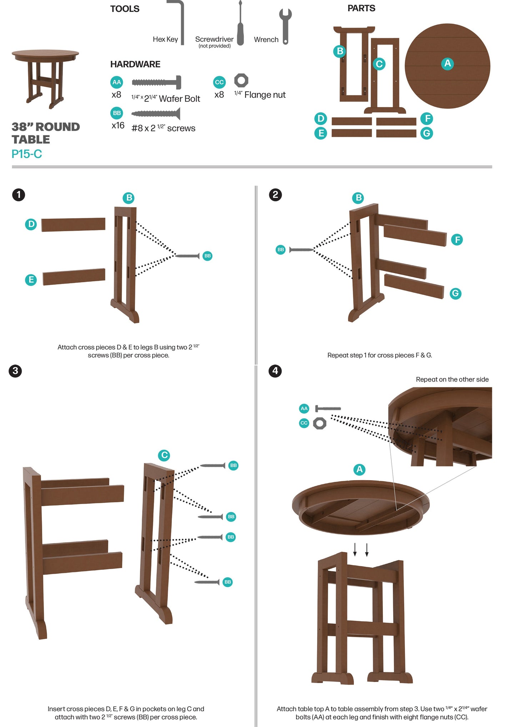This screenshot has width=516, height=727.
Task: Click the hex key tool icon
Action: [181, 21]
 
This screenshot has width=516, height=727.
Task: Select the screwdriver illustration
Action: [240, 23]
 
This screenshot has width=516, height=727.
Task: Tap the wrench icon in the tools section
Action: [285, 26]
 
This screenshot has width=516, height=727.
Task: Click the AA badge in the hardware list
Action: [117, 82]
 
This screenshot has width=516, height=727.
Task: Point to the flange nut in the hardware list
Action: [241, 80]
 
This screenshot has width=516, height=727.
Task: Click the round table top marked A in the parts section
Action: [447, 66]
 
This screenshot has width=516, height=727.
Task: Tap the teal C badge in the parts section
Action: [379, 64]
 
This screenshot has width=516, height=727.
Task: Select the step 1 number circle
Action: [19, 195]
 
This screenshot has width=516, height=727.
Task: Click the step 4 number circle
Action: [275, 371]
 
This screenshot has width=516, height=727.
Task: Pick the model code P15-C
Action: [27, 154]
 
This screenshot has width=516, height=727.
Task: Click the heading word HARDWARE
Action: [135, 64]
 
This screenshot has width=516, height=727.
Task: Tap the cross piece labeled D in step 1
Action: [73, 225]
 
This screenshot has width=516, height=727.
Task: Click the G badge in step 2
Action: [455, 294]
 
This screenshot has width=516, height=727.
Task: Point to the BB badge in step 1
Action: [207, 256]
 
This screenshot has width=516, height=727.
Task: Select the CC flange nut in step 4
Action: [320, 423]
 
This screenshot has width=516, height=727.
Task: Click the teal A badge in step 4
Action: [360, 469]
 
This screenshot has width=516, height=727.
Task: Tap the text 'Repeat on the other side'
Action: [452, 379]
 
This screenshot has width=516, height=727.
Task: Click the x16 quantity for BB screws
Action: [118, 125]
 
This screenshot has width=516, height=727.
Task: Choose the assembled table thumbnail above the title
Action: [45, 79]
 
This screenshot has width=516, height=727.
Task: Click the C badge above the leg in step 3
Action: [164, 455]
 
